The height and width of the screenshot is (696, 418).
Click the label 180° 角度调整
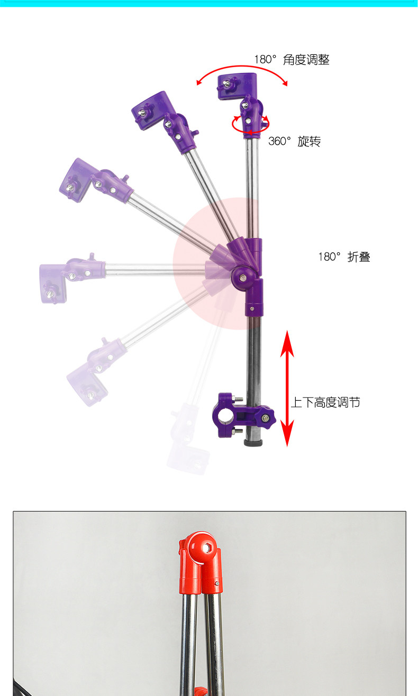click(x=292, y=60)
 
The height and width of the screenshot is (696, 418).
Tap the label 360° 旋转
click(x=294, y=141)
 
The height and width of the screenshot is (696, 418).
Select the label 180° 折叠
click(x=344, y=257)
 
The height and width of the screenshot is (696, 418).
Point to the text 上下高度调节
click(x=325, y=402)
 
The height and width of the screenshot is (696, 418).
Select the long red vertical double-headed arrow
click(x=287, y=388)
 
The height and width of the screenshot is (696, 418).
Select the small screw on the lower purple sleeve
click(x=252, y=308)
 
